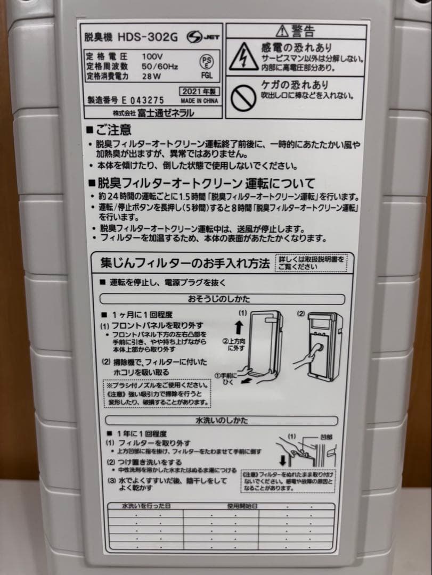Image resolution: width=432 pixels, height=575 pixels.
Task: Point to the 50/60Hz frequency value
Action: tap(160, 67)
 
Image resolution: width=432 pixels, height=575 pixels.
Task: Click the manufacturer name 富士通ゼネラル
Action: tap(167, 113)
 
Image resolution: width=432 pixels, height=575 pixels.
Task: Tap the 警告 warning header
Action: tap(296, 30)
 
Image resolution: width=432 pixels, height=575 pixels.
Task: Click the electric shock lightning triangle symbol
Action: tap(243, 57)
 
